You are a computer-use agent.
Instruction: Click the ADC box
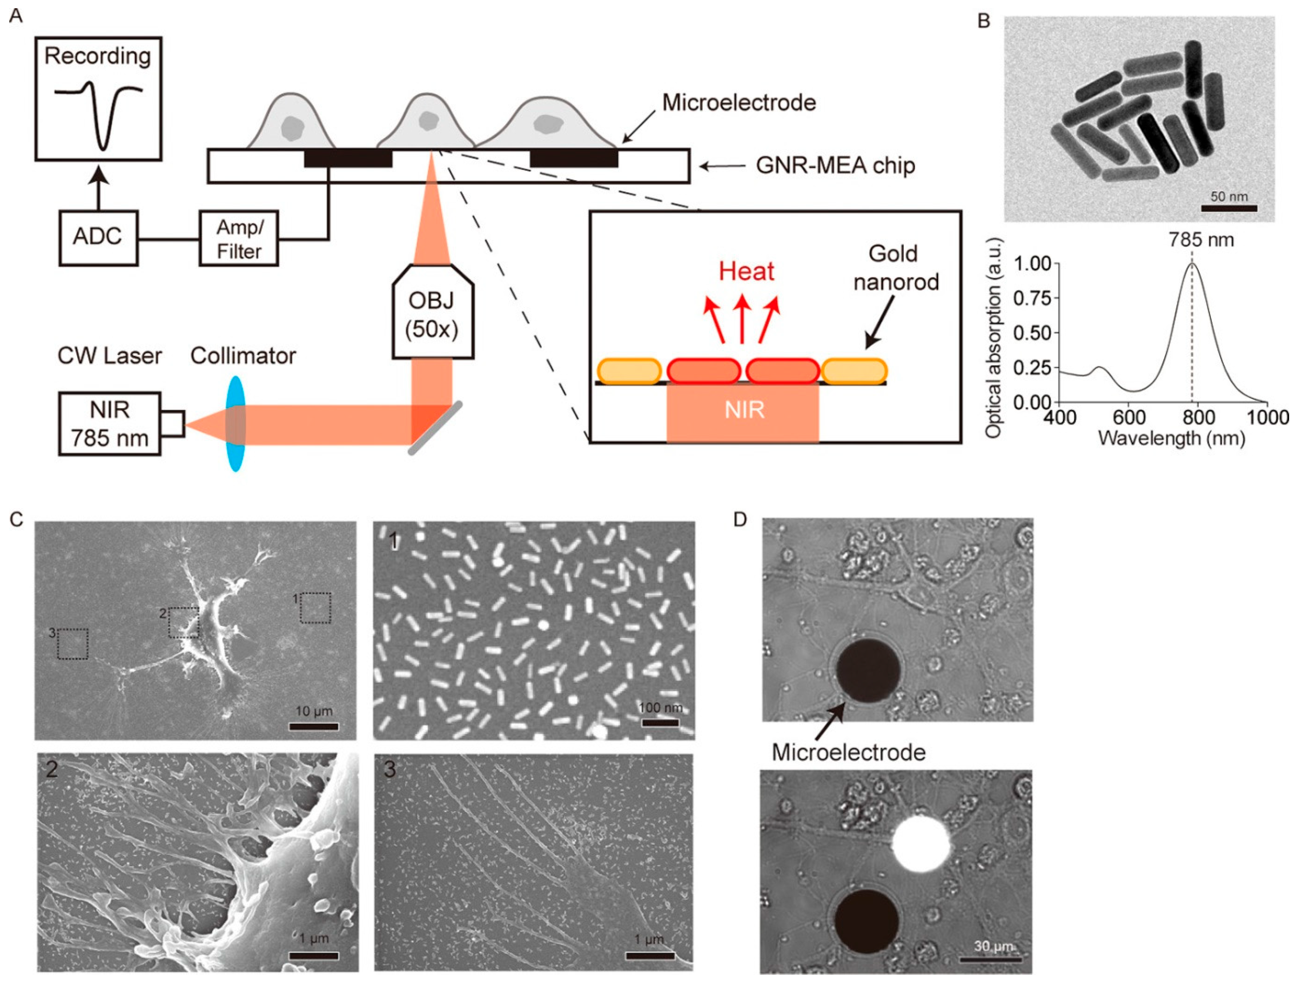pyautogui.click(x=98, y=237)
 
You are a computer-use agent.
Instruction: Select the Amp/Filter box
pyautogui.click(x=239, y=239)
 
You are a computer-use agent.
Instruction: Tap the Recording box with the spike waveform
pyautogui.click(x=98, y=98)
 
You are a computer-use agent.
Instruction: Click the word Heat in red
pyautogui.click(x=746, y=271)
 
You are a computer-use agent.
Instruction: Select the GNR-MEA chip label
pyautogui.click(x=835, y=166)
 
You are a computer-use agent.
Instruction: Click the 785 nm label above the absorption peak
pyautogui.click(x=1201, y=240)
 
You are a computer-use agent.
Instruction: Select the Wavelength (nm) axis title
pyautogui.click(x=1171, y=438)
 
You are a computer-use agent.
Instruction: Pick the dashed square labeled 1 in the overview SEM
pyautogui.click(x=315, y=607)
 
